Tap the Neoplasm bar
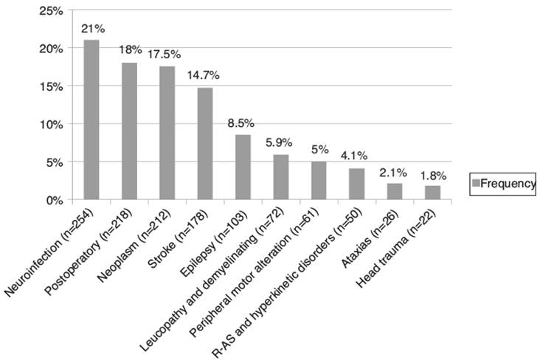167,133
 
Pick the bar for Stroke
204,144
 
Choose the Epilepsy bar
243,167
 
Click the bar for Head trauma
432,193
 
